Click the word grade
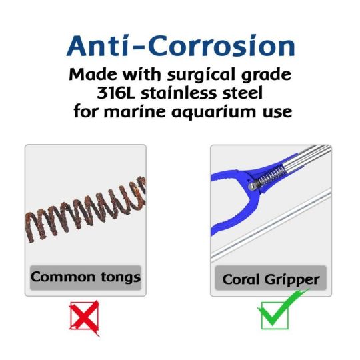point(271,74)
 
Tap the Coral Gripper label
point(270,279)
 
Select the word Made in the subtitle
point(93,73)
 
